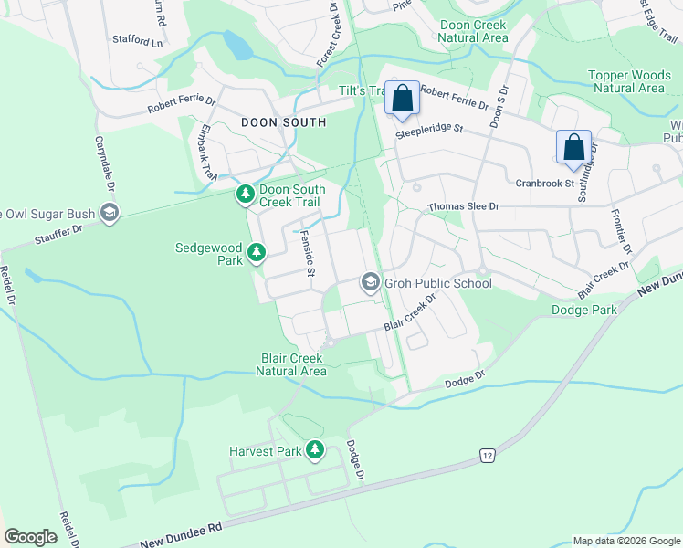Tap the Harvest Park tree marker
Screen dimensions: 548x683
click(x=315, y=449)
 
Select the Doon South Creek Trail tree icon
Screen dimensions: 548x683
click(x=245, y=193)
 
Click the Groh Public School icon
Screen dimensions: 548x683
click(x=370, y=281)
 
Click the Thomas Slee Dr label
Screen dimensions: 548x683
click(x=463, y=207)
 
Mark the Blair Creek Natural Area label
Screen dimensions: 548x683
click(x=293, y=364)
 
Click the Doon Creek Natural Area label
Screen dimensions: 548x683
click(x=473, y=32)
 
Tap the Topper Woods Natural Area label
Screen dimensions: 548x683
click(x=626, y=81)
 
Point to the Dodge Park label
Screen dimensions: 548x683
click(x=584, y=310)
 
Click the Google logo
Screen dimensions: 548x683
click(x=31, y=537)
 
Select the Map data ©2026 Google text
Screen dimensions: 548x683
click(x=625, y=541)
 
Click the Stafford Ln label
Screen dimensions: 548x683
click(x=137, y=42)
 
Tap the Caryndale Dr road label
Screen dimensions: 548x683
click(x=103, y=164)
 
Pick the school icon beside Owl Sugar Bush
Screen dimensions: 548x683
click(x=109, y=214)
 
